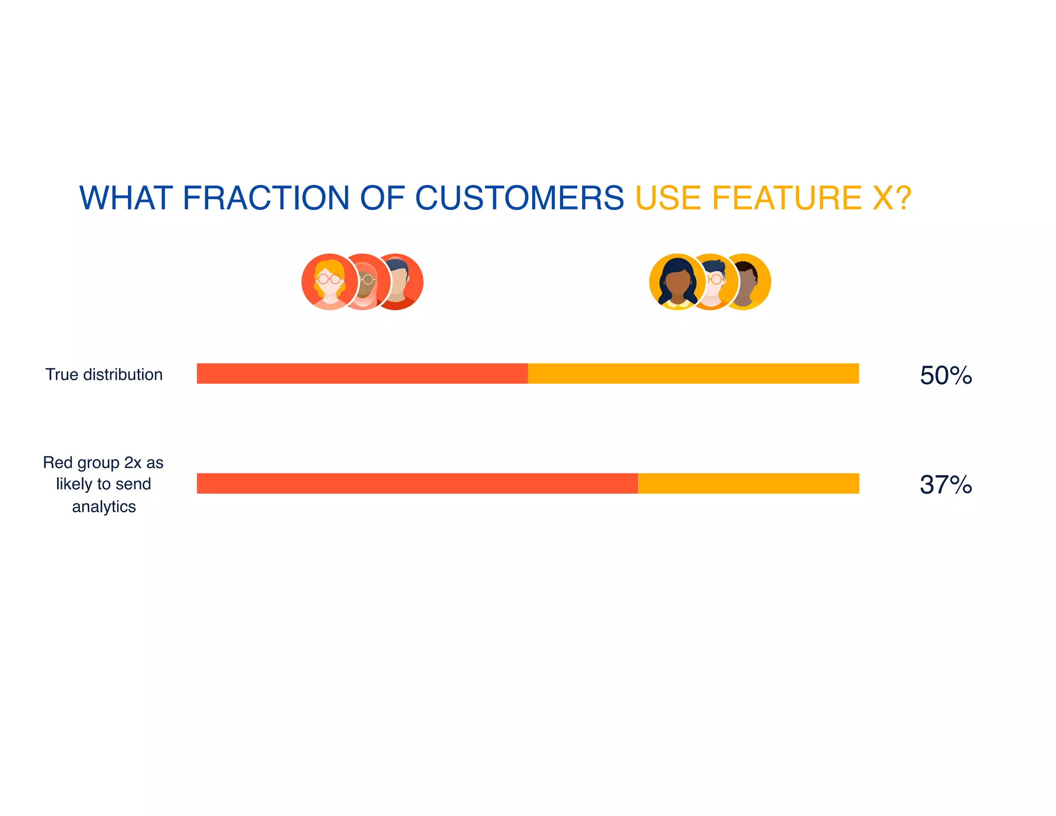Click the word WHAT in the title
tap(125, 198)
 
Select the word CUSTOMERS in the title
tap(519, 198)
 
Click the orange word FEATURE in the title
tap(786, 198)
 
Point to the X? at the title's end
tap(892, 198)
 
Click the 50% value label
tap(946, 376)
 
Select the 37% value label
tap(946, 485)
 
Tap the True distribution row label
tap(104, 374)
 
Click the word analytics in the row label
tap(104, 507)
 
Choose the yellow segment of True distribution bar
tap(693, 373)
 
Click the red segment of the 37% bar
tap(417, 483)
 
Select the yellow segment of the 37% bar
tap(748, 483)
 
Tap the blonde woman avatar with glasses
tap(329, 282)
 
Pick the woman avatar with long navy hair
tap(676, 282)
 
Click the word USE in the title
tap(668, 198)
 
